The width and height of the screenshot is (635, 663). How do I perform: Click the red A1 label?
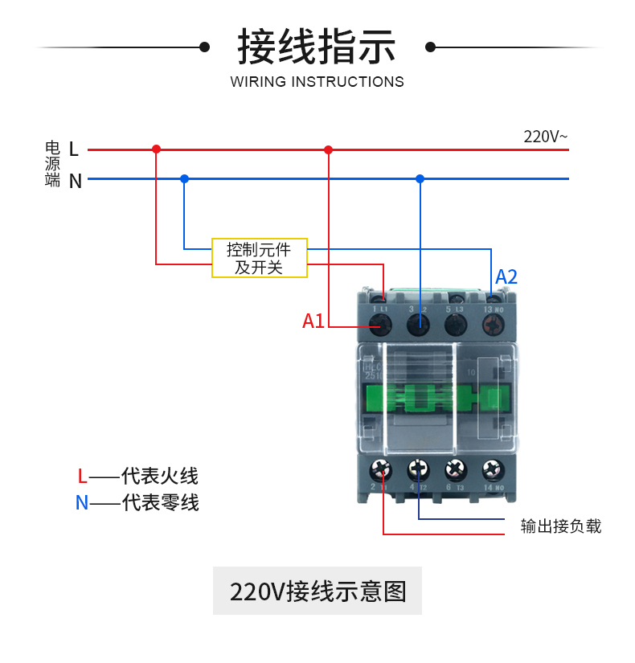(x=313, y=321)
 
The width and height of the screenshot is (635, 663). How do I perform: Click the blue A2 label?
(x=506, y=277)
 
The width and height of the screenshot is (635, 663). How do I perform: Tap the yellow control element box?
(x=259, y=258)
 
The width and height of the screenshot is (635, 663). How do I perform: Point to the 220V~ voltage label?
(x=546, y=137)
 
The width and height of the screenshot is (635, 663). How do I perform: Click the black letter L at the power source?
(x=74, y=149)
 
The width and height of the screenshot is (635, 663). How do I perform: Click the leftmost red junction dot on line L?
(x=157, y=149)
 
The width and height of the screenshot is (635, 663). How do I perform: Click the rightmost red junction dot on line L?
(x=328, y=149)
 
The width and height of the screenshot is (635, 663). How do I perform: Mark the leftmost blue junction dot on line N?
(x=184, y=178)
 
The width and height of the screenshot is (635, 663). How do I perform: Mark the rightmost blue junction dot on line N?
(x=420, y=178)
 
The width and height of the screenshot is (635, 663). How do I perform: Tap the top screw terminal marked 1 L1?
(x=381, y=325)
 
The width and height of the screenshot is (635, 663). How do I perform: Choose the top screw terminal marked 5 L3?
(x=456, y=325)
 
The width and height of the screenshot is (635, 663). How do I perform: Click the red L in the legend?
(x=82, y=476)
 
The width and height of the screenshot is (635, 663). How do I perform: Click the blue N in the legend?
(x=82, y=503)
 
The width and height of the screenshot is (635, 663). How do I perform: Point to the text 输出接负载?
(x=561, y=527)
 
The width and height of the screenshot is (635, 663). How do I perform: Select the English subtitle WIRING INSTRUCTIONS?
(x=317, y=82)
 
